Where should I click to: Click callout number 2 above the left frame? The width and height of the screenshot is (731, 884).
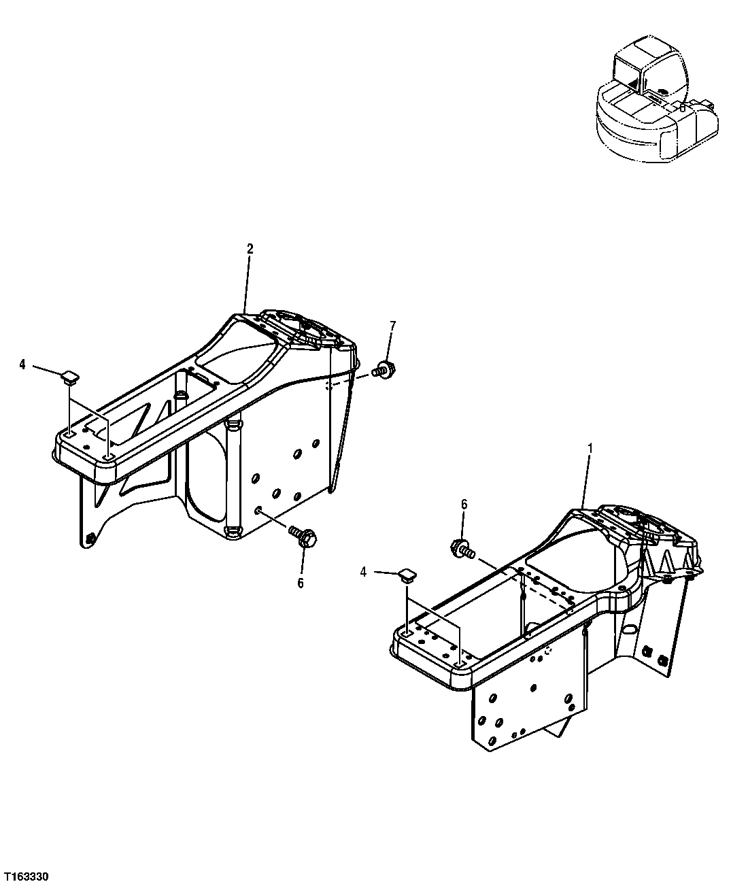250,249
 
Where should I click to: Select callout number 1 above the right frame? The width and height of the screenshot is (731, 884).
590,448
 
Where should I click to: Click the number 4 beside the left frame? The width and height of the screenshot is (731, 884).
22,365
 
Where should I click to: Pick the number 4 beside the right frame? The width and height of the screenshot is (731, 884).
364,573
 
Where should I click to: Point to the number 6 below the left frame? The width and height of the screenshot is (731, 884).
300,583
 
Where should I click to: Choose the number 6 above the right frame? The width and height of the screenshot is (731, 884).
464,504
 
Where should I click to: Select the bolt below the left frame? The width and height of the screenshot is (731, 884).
300,537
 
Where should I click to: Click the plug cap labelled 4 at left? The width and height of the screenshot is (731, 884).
69,376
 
